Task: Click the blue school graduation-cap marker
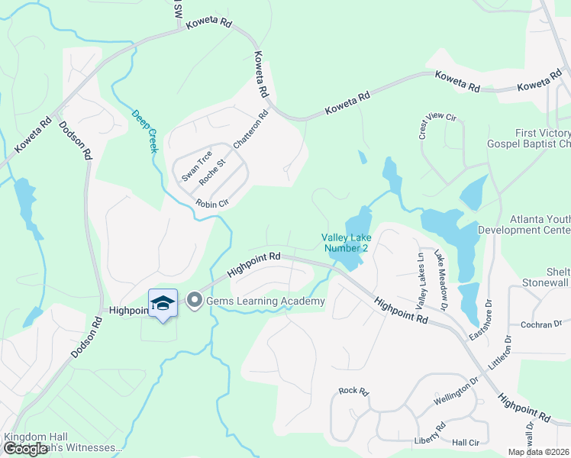click(163, 304)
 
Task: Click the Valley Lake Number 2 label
click(346, 243)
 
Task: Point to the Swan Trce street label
click(196, 166)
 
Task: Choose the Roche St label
click(213, 173)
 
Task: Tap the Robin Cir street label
click(212, 204)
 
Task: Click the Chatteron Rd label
click(251, 130)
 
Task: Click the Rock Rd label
click(353, 391)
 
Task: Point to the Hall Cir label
click(465, 442)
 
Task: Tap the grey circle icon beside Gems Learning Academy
click(195, 301)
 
